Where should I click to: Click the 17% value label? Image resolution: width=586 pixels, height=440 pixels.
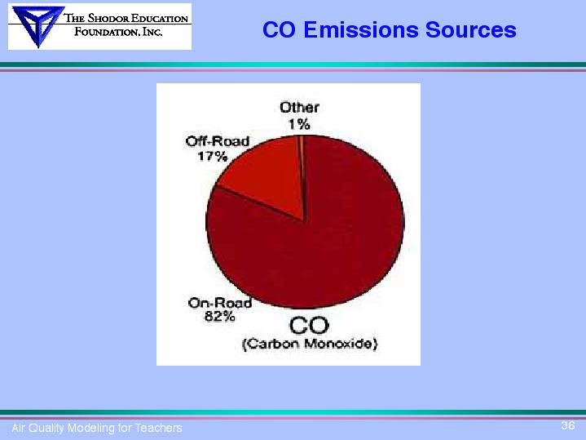tap(212, 156)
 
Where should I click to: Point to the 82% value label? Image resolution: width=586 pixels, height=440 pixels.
tap(220, 317)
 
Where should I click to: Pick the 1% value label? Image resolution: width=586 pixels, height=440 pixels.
tap(299, 124)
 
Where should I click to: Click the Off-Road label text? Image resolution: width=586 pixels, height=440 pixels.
tap(218, 141)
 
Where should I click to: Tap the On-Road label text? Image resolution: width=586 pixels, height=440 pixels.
tap(220, 303)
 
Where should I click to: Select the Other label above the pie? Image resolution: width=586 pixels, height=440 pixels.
tap(299, 108)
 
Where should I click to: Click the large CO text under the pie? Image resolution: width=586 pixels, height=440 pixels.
tap(309, 326)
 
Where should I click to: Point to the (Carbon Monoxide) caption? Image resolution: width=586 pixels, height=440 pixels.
tap(310, 344)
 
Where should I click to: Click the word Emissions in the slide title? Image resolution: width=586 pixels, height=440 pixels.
tap(362, 29)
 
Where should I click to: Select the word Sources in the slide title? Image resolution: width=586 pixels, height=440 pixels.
tap(471, 29)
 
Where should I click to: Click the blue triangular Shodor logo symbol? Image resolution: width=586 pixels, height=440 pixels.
tap(37, 25)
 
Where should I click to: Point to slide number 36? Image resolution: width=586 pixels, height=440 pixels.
tap(568, 425)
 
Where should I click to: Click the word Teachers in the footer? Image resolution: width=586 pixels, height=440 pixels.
tap(158, 428)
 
